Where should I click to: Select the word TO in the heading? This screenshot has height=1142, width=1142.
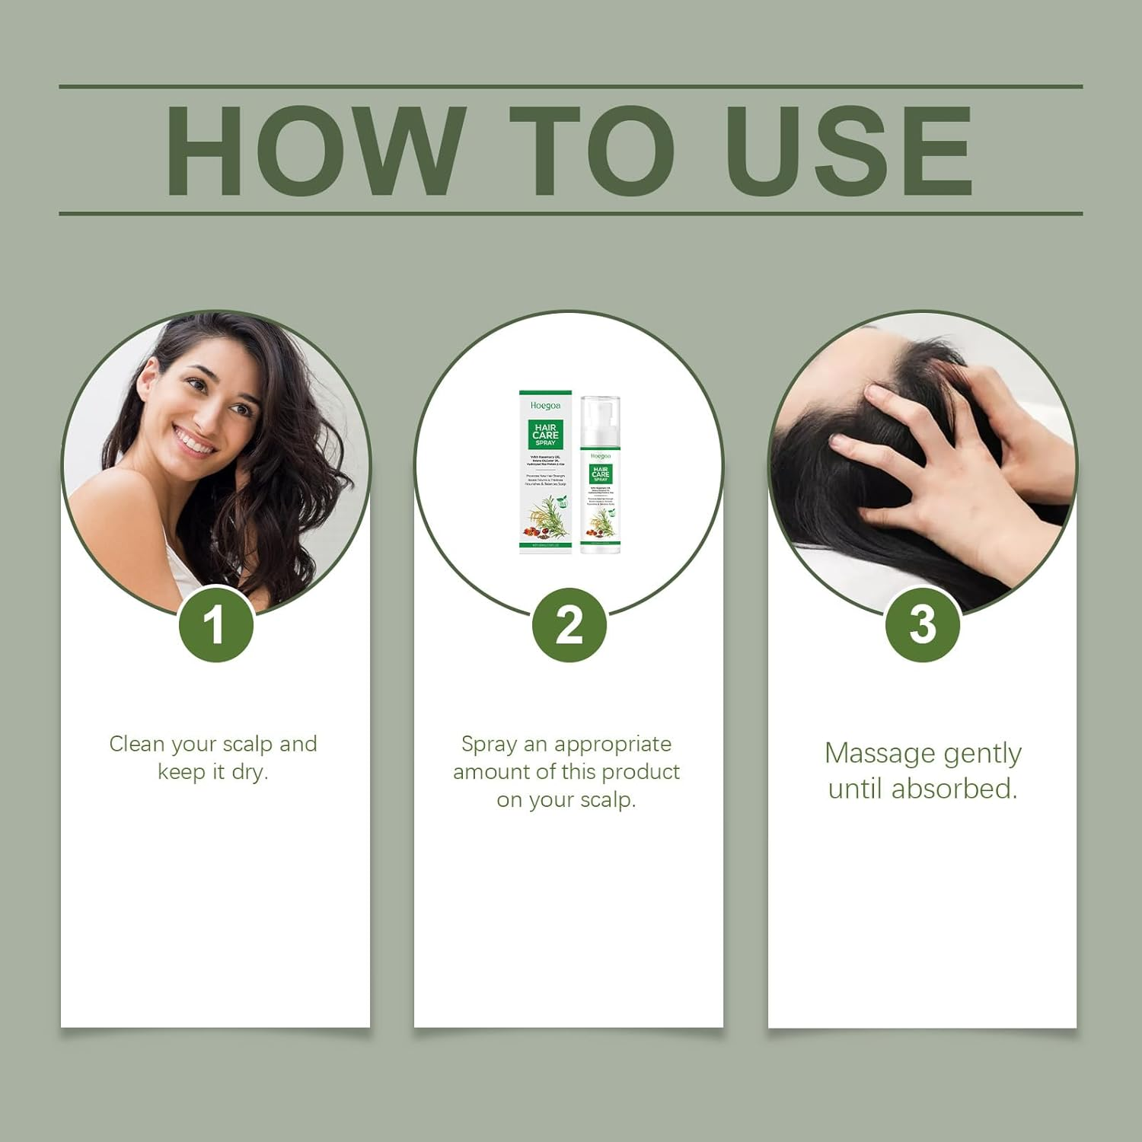pos(592,150)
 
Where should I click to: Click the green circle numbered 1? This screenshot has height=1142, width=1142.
pos(215,625)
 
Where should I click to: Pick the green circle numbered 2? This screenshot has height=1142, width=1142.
pos(569,625)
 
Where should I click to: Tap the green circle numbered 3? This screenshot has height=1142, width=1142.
pos(922,625)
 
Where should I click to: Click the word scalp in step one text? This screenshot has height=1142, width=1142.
pos(251,744)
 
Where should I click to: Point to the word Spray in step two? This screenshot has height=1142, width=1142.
pos(489,744)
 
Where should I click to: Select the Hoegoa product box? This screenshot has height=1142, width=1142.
pos(545,472)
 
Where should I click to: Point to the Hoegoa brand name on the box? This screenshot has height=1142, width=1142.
pos(545,406)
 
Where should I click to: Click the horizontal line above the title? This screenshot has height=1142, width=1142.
pos(571,87)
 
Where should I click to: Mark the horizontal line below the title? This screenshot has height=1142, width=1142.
pos(571,213)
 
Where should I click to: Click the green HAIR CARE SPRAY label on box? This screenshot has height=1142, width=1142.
pos(545,434)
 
